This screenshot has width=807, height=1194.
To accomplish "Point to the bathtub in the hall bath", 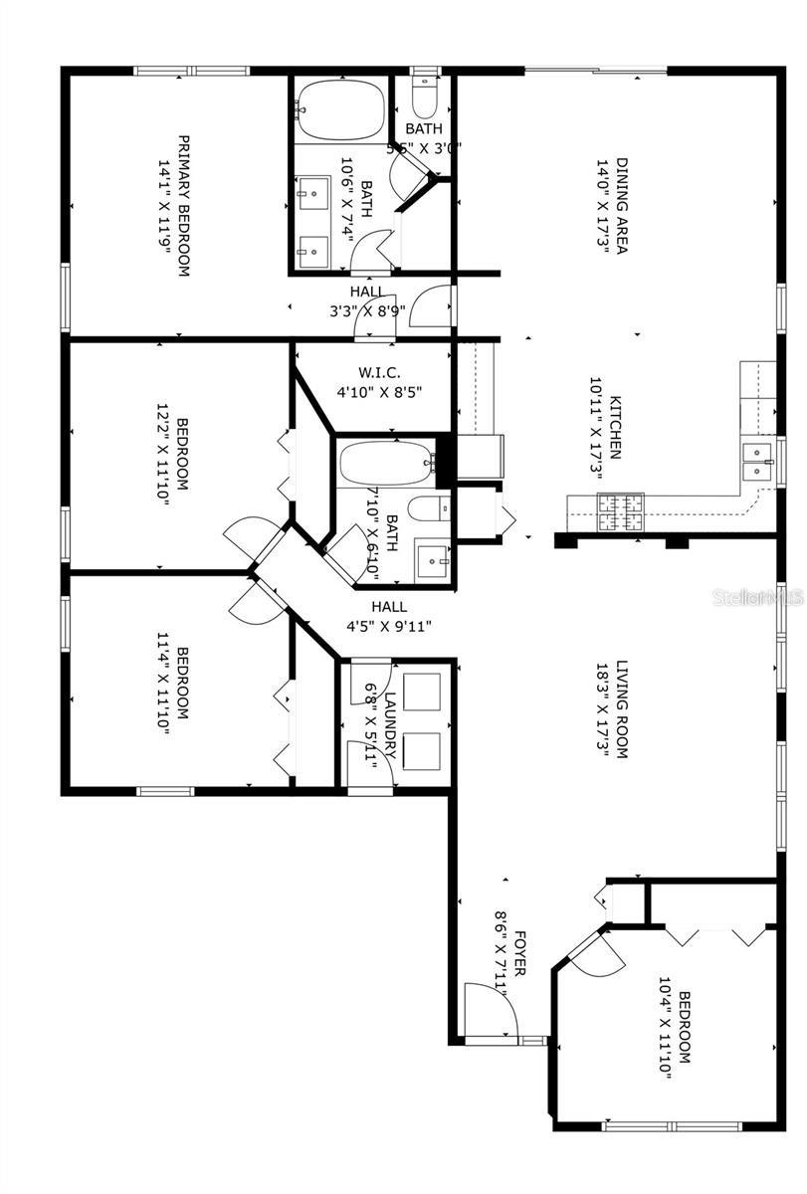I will tap(386, 463).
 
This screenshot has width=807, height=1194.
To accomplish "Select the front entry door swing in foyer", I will tap(491, 1009).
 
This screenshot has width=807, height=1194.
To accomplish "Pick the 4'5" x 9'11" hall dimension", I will tap(388, 626).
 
